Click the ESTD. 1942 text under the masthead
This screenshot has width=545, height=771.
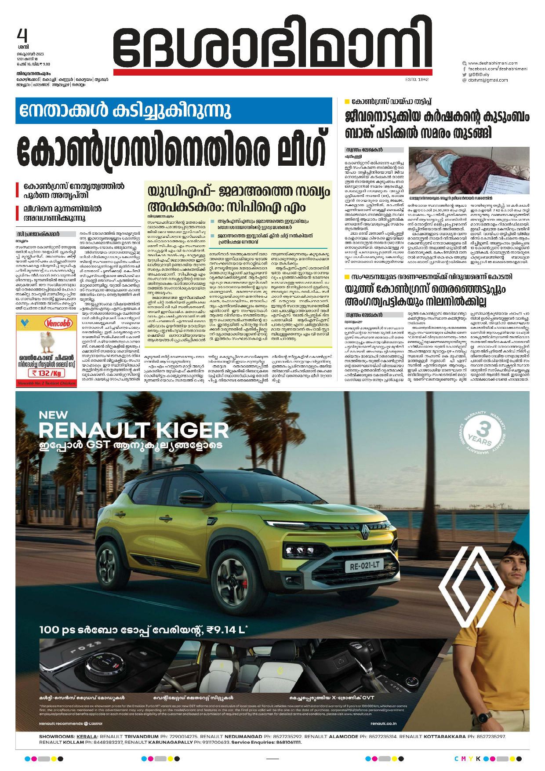click(x=417, y=80)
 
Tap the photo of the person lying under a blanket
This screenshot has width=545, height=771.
click(x=469, y=171)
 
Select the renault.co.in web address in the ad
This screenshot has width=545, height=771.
click(x=383, y=723)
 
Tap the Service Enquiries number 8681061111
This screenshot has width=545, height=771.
click(x=285, y=742)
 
